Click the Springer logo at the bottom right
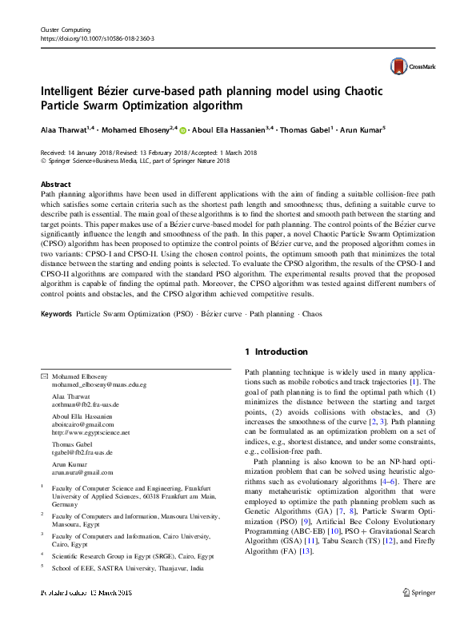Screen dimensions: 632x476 [x=418, y=614]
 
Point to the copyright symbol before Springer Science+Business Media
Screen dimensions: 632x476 [x=43, y=161]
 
